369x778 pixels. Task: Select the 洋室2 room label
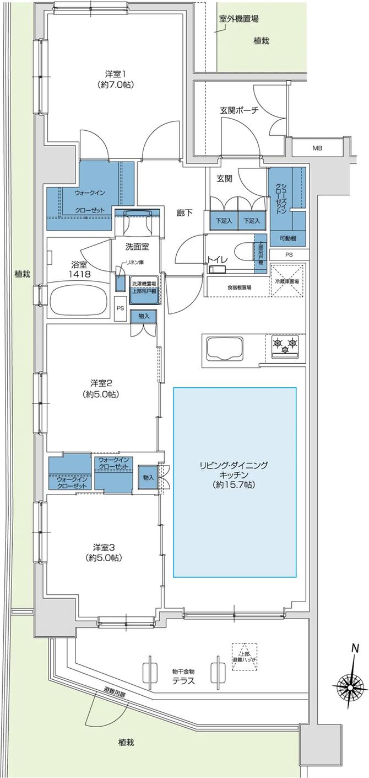click(102, 388)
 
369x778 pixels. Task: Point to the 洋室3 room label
click(103, 552)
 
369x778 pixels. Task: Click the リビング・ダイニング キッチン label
click(235, 475)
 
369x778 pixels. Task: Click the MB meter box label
click(318, 148)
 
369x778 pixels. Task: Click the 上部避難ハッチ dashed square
click(245, 656)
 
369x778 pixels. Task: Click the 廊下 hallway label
click(184, 212)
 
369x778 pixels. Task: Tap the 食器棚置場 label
click(238, 287)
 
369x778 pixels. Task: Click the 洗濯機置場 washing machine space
click(144, 292)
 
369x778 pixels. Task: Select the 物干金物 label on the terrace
click(182, 671)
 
